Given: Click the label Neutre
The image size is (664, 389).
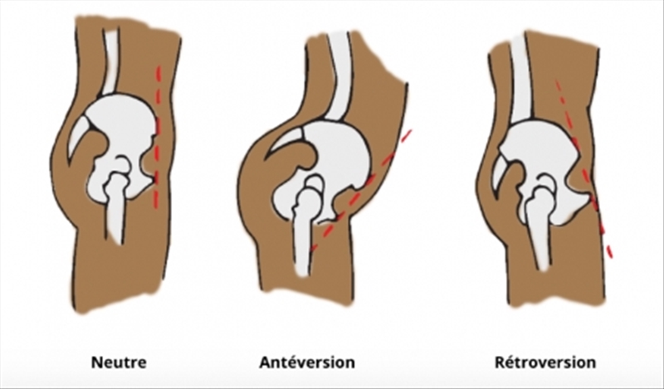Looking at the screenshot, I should point(121,362).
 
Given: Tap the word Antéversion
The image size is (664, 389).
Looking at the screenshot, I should point(307,362).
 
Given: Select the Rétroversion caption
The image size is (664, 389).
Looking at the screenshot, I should point(545,362).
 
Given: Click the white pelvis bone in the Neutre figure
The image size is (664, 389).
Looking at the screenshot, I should point(124,124).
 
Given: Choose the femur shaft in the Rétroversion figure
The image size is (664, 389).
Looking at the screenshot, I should point(541,236).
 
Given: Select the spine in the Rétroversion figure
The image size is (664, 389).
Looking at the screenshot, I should point(520,75).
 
